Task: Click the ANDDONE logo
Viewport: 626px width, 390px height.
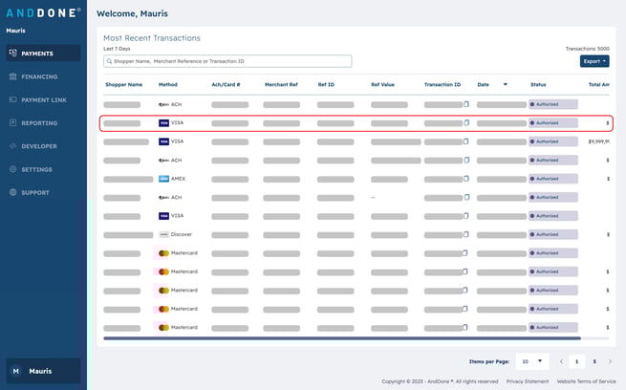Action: click(x=43, y=13)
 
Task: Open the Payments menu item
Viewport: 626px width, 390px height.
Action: click(x=37, y=54)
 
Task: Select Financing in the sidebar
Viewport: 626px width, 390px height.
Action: click(x=39, y=76)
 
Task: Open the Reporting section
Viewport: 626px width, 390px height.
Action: click(x=39, y=123)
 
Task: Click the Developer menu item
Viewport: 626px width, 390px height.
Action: click(x=39, y=146)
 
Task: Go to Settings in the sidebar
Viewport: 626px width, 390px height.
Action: click(x=36, y=169)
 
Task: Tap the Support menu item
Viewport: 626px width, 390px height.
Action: click(x=35, y=192)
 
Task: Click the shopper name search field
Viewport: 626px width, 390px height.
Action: click(x=227, y=61)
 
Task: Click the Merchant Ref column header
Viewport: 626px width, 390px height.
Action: click(x=282, y=84)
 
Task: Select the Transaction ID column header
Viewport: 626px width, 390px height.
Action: click(x=443, y=84)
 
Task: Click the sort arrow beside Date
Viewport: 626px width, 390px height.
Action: click(x=506, y=84)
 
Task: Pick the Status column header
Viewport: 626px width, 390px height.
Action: click(x=538, y=84)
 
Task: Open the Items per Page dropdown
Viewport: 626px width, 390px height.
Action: click(x=531, y=361)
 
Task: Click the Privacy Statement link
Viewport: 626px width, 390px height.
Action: click(x=528, y=381)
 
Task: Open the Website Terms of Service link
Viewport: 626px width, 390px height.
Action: click(x=587, y=381)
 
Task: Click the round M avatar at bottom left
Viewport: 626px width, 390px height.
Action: click(x=15, y=371)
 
